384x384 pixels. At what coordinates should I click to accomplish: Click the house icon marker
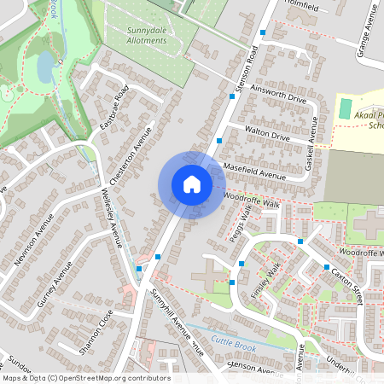point(191,184)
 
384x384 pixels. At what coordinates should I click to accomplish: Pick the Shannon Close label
point(96,334)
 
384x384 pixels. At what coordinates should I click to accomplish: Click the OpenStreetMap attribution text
point(86,378)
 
